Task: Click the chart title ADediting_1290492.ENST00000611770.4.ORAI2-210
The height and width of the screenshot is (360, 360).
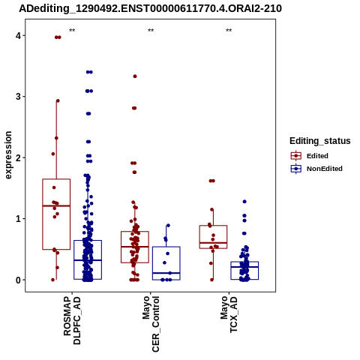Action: pos(150,8)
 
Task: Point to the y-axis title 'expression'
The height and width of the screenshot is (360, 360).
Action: pos(8,155)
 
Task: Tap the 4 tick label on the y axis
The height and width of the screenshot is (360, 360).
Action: pos(19,36)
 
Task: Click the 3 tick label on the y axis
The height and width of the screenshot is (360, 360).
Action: pos(19,97)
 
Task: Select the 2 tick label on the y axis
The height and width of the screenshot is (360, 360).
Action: pos(19,157)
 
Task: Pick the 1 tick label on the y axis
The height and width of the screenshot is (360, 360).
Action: pos(19,219)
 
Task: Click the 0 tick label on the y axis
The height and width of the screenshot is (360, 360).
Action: pos(19,280)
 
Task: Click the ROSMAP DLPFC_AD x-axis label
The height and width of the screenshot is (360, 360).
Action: pos(72,320)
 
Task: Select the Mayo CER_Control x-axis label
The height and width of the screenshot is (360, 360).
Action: pos(151,324)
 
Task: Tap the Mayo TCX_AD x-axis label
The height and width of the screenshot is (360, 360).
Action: pos(229,314)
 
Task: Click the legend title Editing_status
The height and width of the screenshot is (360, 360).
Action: pos(320,141)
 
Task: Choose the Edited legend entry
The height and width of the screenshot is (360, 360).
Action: pos(309,156)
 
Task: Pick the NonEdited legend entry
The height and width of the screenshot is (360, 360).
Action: pos(316,169)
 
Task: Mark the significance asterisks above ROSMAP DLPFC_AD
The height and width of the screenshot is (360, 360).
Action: pos(72,31)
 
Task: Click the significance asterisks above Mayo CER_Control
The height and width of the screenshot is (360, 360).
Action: pos(151,31)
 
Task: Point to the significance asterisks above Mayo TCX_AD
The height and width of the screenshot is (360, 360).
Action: pos(229,31)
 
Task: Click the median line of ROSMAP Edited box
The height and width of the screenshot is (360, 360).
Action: pos(56,205)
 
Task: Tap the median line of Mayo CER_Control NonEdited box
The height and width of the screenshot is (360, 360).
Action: pos(166,273)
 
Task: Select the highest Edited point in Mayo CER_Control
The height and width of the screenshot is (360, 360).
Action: pos(135,76)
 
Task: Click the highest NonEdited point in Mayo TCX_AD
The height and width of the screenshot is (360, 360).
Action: pos(244,202)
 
